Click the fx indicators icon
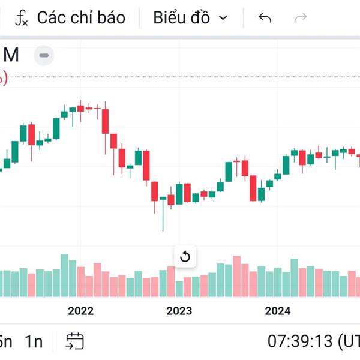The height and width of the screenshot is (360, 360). click(22, 19)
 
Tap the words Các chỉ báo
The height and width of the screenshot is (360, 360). click(81, 18)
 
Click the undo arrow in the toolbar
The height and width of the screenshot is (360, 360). click(265, 18)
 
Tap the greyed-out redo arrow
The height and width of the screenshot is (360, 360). click(301, 18)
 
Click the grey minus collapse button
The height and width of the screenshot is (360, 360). click(44, 56)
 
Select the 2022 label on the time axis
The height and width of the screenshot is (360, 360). click(81, 310)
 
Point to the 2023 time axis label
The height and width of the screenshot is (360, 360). click(179, 310)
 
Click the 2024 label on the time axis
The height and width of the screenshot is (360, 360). click(277, 310)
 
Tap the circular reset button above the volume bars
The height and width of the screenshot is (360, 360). click(185, 257)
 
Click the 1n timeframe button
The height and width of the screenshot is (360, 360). click(34, 341)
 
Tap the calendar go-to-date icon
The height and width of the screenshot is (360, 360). click(75, 341)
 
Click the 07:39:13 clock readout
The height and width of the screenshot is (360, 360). click(299, 341)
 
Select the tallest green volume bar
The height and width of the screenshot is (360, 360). click(64, 275)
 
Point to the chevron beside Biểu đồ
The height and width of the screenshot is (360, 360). click(223, 18)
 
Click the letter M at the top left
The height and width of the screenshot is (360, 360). click(11, 55)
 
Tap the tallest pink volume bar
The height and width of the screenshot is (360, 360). click(236, 277)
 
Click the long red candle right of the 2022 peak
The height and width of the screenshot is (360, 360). click(106, 121)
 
